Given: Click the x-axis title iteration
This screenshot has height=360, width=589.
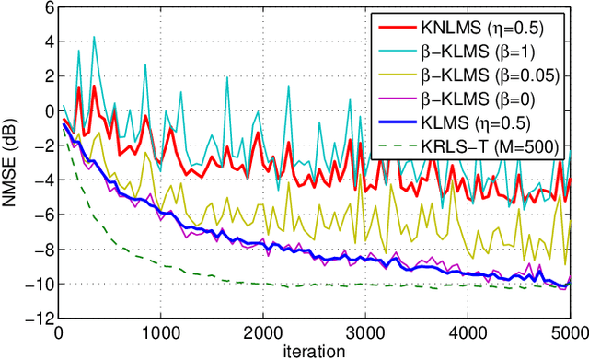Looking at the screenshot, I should coord(315,352).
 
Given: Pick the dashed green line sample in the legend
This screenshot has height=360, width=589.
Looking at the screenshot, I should coord(398,143).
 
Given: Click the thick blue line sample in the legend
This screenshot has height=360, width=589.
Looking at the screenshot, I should coord(398,119).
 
